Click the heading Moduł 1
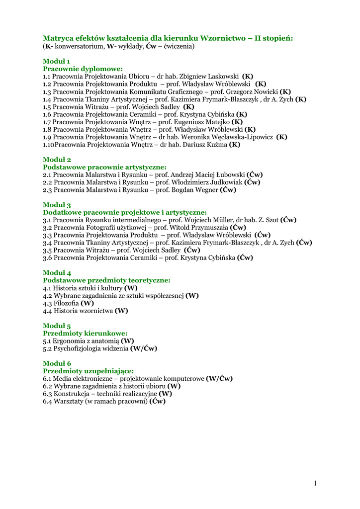56,61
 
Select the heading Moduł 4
57,273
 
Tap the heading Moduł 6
57,363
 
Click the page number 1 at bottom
315,483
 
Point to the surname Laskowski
223,77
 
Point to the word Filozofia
66,303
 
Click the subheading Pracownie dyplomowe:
83,69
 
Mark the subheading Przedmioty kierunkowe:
85,333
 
